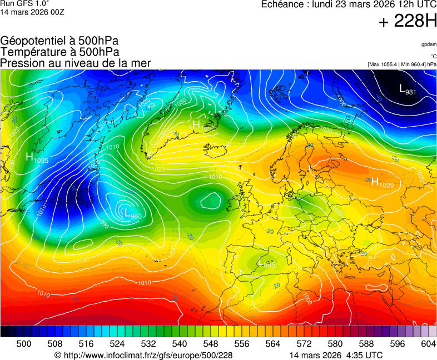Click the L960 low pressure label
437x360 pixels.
pos(132,214)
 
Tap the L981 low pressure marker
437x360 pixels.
pos(408,89)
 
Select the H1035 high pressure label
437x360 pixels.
pos(37,158)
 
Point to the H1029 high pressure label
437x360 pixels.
pos(383,183)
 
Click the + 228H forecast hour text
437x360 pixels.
pos(408,22)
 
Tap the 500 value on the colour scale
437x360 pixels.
pos(24,344)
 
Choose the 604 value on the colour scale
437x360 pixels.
pos(428,344)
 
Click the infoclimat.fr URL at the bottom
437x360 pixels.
pos(143,355)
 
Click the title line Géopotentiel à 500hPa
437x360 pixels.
pos(59,41)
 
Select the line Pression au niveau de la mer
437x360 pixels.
pos(76,63)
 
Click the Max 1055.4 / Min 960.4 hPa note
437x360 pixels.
pos(401,64)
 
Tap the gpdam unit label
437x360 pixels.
pos(428,44)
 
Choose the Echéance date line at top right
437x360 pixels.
pos(349,4)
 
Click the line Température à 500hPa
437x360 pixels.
pos(59,52)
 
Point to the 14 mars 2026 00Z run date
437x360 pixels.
pos(32,12)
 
